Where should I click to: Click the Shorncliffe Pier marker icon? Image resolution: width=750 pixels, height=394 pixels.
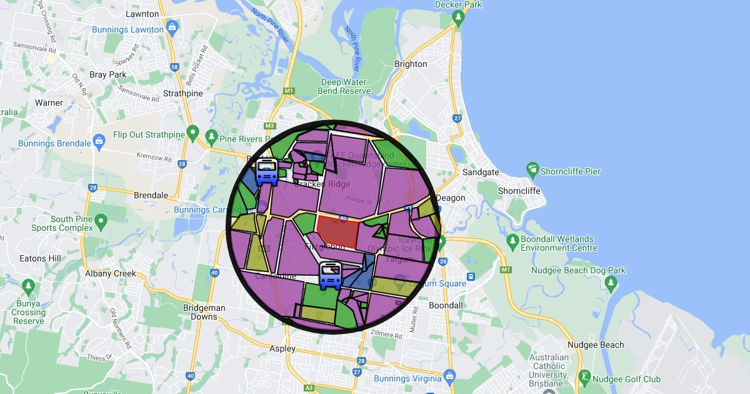pyautogui.click(x=532, y=169)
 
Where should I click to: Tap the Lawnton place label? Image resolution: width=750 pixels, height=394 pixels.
pyautogui.click(x=142, y=13)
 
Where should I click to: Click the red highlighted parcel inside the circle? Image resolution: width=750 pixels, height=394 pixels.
pyautogui.click(x=337, y=232)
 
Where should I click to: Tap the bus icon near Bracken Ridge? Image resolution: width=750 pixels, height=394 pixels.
pyautogui.click(x=267, y=171)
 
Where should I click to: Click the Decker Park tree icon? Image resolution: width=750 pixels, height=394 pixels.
pyautogui.click(x=459, y=19)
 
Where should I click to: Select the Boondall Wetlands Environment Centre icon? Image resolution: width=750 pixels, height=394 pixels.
pyautogui.click(x=512, y=240)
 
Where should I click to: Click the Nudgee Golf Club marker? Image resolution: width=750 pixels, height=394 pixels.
pyautogui.click(x=584, y=376)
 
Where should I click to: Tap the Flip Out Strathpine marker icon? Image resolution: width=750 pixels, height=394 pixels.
pyautogui.click(x=192, y=133)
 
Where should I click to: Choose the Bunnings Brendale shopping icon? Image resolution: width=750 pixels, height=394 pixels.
pyautogui.click(x=99, y=141)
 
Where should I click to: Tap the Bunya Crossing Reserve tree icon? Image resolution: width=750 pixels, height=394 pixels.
pyautogui.click(x=27, y=286)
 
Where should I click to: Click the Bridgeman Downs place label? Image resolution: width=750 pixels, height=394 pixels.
pyautogui.click(x=204, y=312)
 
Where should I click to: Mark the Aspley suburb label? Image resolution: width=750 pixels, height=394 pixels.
pyautogui.click(x=282, y=348)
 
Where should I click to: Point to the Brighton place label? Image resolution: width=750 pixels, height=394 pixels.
pyautogui.click(x=411, y=64)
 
